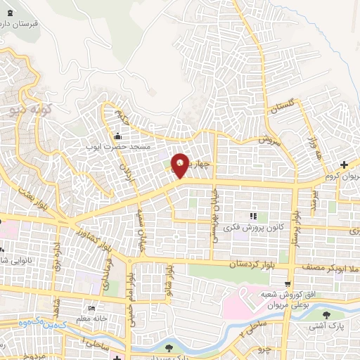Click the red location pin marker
pos(181,167)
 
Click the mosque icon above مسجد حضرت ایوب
pos(118,136)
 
